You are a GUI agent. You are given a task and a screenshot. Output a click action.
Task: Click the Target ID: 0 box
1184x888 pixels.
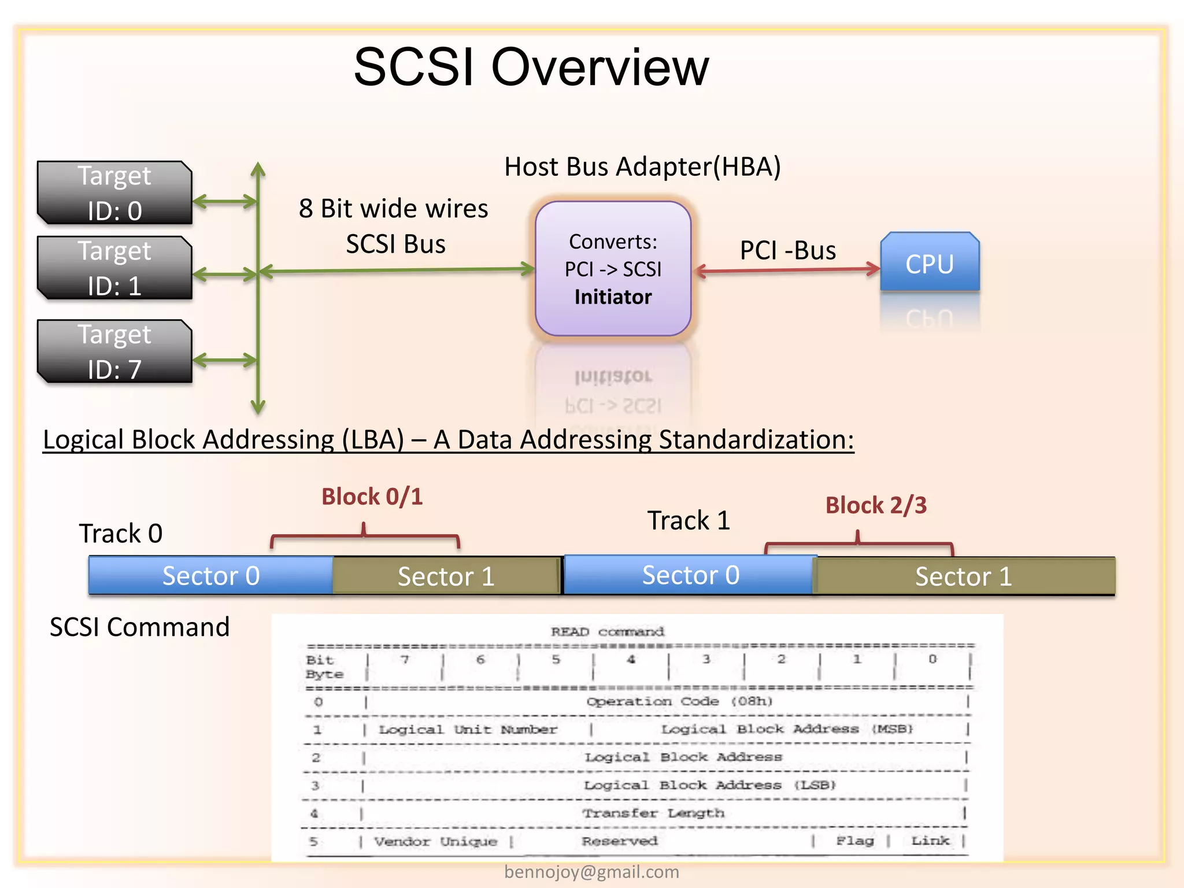pyautogui.click(x=114, y=193)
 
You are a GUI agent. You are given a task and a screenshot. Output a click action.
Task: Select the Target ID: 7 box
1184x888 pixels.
pyautogui.click(x=114, y=351)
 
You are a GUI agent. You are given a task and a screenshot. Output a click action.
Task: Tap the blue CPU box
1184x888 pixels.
pyautogui.click(x=929, y=263)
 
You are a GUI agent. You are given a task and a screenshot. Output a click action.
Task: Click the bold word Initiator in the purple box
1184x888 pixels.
pyautogui.click(x=613, y=297)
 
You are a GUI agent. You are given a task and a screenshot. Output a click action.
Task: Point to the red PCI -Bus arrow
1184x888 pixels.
pyautogui.click(x=786, y=269)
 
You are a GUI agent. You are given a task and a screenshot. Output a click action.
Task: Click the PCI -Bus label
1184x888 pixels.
pyautogui.click(x=787, y=250)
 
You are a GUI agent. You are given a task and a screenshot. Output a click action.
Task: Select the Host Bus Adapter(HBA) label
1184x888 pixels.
pyautogui.click(x=642, y=166)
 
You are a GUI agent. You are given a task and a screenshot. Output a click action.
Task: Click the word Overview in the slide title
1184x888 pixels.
pyautogui.click(x=600, y=68)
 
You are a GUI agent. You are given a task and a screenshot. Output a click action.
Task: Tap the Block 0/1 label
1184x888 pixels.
pyautogui.click(x=372, y=497)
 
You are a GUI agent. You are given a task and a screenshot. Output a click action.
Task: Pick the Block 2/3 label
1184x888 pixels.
pyautogui.click(x=875, y=505)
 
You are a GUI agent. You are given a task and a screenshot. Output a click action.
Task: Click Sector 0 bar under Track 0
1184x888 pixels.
pyautogui.click(x=211, y=576)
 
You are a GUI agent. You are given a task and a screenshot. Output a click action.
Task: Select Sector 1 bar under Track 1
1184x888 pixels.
pyautogui.click(x=963, y=576)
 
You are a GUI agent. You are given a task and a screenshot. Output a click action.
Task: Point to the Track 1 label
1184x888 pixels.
pyautogui.click(x=688, y=520)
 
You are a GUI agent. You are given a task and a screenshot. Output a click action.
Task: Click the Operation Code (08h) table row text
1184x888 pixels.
pyautogui.click(x=679, y=701)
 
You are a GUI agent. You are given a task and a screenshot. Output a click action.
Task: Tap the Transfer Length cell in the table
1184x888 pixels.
pyautogui.click(x=653, y=813)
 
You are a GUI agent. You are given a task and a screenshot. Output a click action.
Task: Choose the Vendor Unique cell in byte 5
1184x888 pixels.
pyautogui.click(x=435, y=841)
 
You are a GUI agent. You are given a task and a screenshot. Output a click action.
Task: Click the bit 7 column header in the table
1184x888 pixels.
pyautogui.click(x=405, y=660)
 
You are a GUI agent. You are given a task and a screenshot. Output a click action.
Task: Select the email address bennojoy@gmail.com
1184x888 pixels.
pyautogui.click(x=591, y=872)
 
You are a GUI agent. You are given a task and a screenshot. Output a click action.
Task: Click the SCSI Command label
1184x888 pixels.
pyautogui.click(x=139, y=627)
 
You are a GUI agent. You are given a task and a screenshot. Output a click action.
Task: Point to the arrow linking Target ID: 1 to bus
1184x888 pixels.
pyautogui.click(x=224, y=274)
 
